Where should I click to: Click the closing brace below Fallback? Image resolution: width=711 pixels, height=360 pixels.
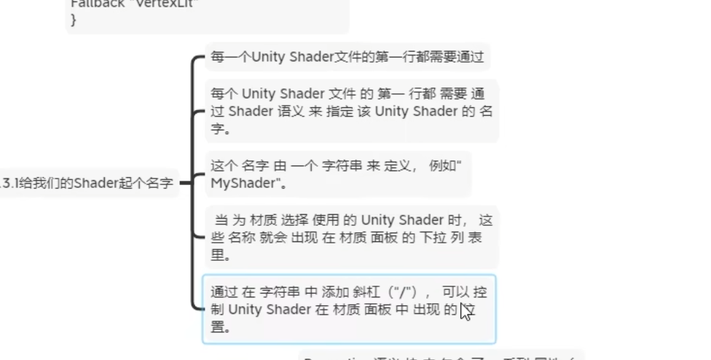73,20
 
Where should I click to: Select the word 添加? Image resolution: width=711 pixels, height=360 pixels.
337,292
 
